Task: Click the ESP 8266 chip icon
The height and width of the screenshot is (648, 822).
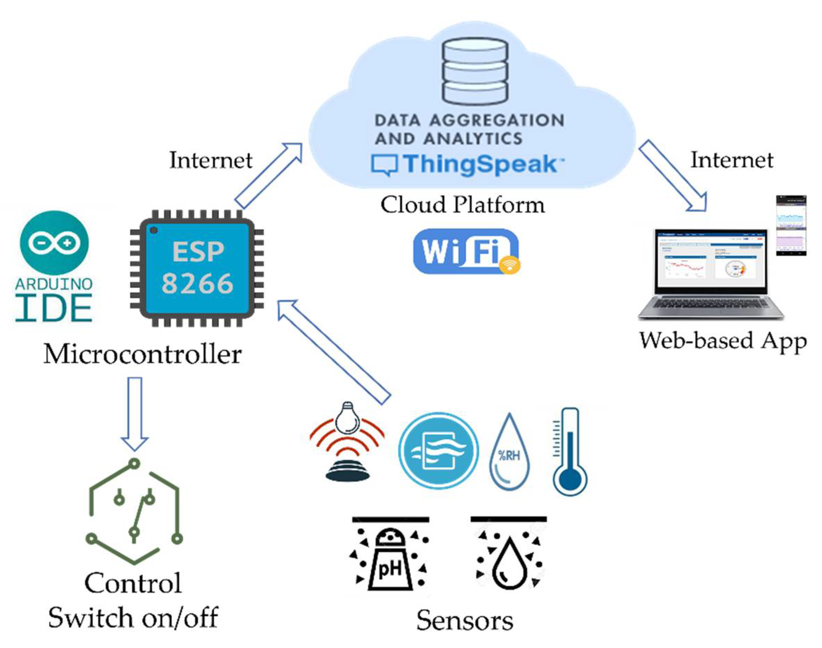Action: click(197, 268)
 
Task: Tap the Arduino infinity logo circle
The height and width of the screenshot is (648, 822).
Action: click(54, 243)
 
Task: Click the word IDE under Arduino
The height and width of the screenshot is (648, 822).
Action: click(54, 309)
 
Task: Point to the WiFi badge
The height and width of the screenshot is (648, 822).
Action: click(466, 251)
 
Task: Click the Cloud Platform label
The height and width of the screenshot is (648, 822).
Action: click(462, 205)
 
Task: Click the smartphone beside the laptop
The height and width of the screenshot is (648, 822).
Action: click(791, 225)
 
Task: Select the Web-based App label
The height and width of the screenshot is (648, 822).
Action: click(723, 341)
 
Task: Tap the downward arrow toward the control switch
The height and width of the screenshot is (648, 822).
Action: click(135, 413)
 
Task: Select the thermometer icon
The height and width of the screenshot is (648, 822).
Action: click(570, 451)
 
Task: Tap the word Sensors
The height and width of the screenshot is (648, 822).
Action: click(465, 621)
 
